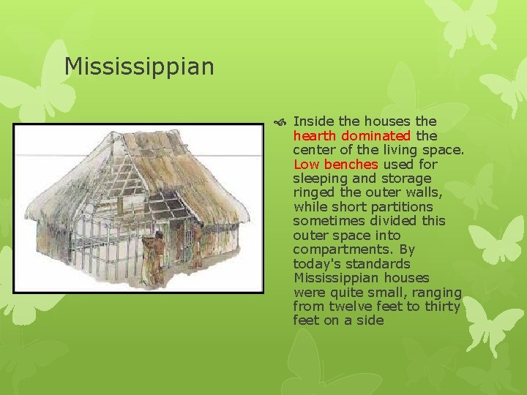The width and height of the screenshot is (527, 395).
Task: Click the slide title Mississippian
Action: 139,67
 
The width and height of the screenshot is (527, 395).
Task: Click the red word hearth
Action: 314,135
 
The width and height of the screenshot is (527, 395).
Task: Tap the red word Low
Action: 305,164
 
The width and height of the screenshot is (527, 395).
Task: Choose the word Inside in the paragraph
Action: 314,121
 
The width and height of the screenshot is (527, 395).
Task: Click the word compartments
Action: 342,249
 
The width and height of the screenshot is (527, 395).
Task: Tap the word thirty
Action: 441,306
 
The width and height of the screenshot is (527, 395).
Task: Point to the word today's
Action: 317,264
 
